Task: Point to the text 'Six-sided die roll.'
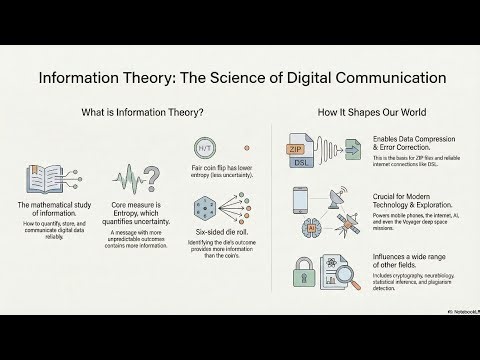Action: click(x=211, y=243)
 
